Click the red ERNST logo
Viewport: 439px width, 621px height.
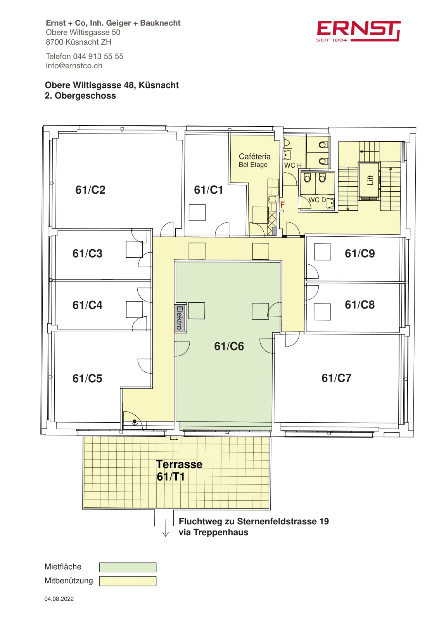[x=358, y=31]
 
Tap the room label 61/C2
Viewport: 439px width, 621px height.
[x=90, y=190]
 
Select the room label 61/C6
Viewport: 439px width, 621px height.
[x=229, y=346]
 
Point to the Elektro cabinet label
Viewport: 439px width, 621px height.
[x=180, y=318]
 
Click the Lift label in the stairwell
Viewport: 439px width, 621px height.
[x=370, y=180]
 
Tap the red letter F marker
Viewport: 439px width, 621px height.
[x=282, y=205]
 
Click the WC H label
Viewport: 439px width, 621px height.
[x=293, y=165]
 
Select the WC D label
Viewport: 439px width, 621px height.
[x=317, y=199]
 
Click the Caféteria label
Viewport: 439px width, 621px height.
[x=254, y=156]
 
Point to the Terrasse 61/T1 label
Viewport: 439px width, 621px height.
[x=179, y=470]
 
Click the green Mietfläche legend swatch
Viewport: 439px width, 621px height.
[x=128, y=567]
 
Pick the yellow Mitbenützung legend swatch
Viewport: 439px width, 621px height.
[x=128, y=581]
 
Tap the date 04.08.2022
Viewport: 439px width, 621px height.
[x=59, y=598]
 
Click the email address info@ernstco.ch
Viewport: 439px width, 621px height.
[x=74, y=66]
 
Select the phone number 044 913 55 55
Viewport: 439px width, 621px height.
[x=98, y=56]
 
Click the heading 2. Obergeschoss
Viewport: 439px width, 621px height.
[x=80, y=95]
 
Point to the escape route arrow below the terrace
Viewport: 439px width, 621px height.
[x=165, y=528]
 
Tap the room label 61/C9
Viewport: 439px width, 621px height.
[x=359, y=253]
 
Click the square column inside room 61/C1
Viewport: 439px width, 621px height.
[x=197, y=212]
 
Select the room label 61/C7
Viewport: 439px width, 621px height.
[x=336, y=378]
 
